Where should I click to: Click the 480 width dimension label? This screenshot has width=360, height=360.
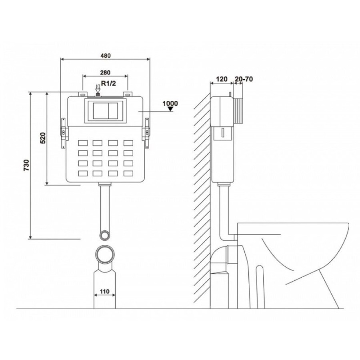pos(106,56)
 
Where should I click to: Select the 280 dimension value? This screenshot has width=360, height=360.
pos(105,72)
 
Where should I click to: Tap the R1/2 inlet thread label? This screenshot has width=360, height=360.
pos(108,83)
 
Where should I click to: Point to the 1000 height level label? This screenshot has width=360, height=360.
pos(170,104)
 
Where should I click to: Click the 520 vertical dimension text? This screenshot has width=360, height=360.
pos(43,138)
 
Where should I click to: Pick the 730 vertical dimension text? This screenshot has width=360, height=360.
pos(27,165)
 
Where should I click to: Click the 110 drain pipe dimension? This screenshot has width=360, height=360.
pos(105,291)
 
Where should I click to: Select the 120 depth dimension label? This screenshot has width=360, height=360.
pos(222,79)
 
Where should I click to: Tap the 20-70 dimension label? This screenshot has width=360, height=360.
pos(244,79)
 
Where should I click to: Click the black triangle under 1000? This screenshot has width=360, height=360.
pos(170,109)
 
